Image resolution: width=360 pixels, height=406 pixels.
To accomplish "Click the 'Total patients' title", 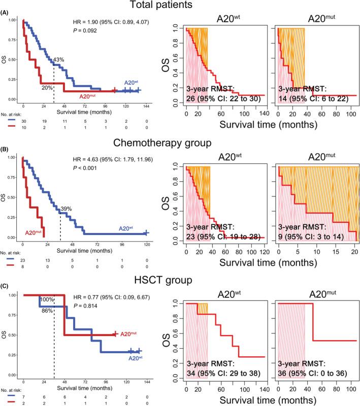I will tap(180, 6).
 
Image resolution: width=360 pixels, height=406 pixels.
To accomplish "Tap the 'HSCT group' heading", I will tap(180, 280).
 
